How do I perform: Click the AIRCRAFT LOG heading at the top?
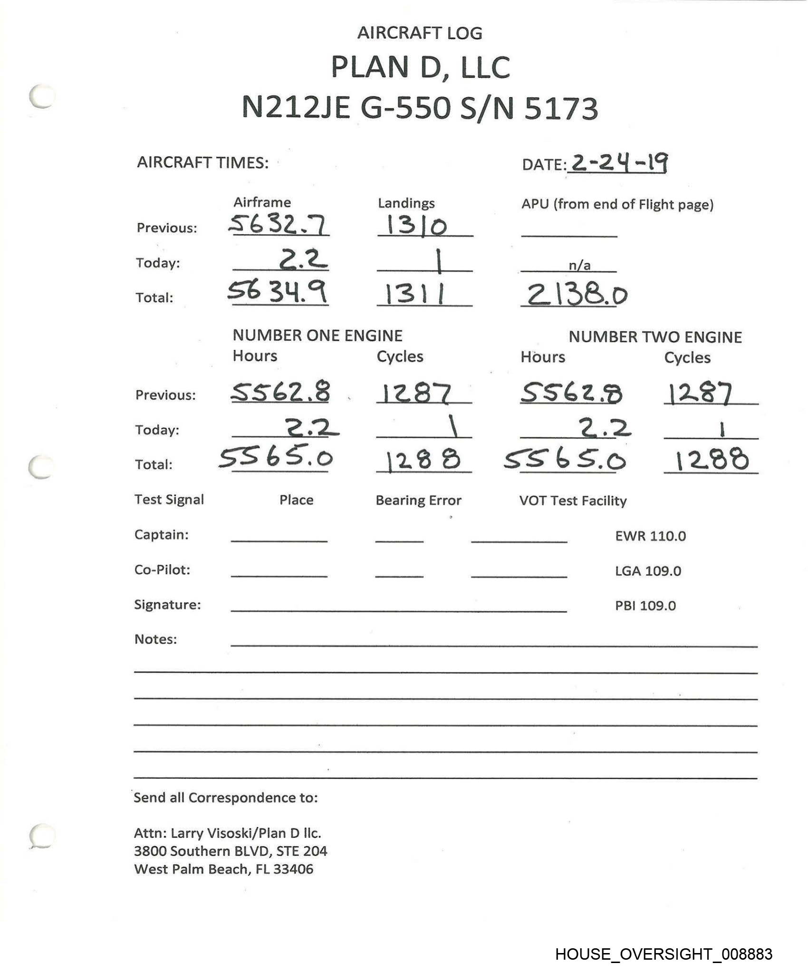tap(420, 33)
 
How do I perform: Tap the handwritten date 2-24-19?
tap(619, 163)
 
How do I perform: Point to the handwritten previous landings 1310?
tap(417, 225)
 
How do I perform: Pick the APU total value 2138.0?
tap(577, 295)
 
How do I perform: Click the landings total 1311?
tap(415, 294)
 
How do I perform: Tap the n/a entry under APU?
tap(580, 266)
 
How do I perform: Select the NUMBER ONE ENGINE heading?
tap(317, 335)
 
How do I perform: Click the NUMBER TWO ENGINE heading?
tap(655, 337)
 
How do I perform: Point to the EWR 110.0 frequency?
tap(650, 536)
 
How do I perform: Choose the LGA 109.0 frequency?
tap(648, 571)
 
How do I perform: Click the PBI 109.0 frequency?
tap(645, 606)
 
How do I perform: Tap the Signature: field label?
tap(167, 604)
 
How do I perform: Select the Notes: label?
tap(155, 639)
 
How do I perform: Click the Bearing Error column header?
tap(418, 500)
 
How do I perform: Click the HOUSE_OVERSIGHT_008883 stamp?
tap(664, 954)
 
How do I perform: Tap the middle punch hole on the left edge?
tap(41, 467)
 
